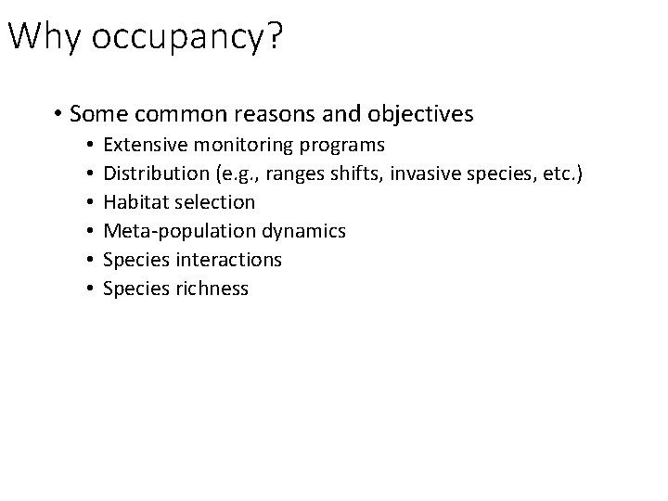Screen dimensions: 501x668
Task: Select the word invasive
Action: coord(441,173)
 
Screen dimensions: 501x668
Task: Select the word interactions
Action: coord(232,260)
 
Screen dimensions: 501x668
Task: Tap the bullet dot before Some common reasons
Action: coord(58,115)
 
